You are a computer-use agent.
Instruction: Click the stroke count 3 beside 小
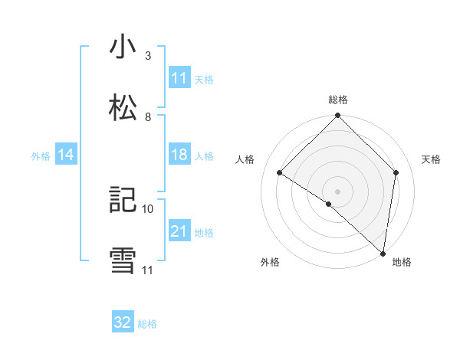pyautogui.click(x=148, y=56)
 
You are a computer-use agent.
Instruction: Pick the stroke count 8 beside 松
pyautogui.click(x=148, y=117)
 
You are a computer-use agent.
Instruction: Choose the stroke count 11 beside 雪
pyautogui.click(x=148, y=270)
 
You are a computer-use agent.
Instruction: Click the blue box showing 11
pyautogui.click(x=179, y=77)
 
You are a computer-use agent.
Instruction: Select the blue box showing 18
pyautogui.click(x=179, y=155)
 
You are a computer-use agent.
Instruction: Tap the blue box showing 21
pyautogui.click(x=179, y=231)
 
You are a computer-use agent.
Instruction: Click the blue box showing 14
pyautogui.click(x=66, y=155)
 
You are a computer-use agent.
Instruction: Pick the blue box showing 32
pyautogui.click(x=123, y=322)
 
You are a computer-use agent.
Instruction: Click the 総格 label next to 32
pyautogui.click(x=147, y=324)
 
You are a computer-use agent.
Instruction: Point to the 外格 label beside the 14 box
pyautogui.click(x=41, y=155)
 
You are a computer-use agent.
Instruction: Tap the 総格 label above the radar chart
pyautogui.click(x=337, y=100)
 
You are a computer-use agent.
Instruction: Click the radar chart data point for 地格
pyautogui.click(x=383, y=253)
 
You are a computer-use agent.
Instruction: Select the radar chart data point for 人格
pyautogui.click(x=280, y=173)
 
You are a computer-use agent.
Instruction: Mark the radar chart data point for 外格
pyautogui.click(x=329, y=204)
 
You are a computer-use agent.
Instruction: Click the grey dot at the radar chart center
pyautogui.click(x=337, y=191)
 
